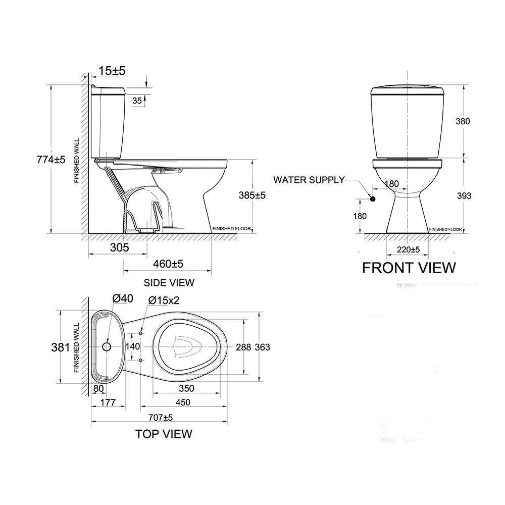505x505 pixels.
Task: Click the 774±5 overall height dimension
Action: pyautogui.click(x=51, y=160)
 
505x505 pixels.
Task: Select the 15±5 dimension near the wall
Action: pyautogui.click(x=112, y=71)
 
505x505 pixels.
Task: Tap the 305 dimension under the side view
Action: pyautogui.click(x=119, y=247)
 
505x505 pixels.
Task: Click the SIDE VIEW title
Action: pyautogui.click(x=169, y=283)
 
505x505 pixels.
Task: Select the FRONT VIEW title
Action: pyautogui.click(x=409, y=267)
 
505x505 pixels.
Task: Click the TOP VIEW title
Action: pyautogui.click(x=163, y=434)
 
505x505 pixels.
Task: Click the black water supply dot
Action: pyautogui.click(x=373, y=199)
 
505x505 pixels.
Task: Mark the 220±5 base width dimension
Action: pyautogui.click(x=409, y=249)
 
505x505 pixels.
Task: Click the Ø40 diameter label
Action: pyautogui.click(x=123, y=298)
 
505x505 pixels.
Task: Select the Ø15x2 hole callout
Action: pyautogui.click(x=164, y=300)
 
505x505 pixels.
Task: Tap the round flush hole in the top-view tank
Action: pyautogui.click(x=107, y=347)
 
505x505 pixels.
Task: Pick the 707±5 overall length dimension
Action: pyautogui.click(x=161, y=418)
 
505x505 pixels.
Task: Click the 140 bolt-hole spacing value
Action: pyautogui.click(x=132, y=347)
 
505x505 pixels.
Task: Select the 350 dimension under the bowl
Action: pyautogui.click(x=186, y=388)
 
